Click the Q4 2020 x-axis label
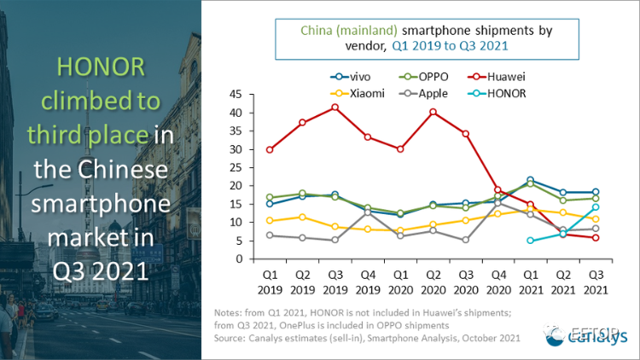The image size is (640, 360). click(498, 282)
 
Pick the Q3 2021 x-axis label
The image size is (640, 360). click(596, 282)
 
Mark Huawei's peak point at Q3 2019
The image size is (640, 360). click(335, 107)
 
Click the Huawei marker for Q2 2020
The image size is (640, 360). click(433, 112)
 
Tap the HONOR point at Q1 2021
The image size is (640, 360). click(531, 241)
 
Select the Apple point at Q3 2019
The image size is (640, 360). click(335, 240)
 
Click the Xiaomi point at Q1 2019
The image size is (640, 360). click(270, 221)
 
